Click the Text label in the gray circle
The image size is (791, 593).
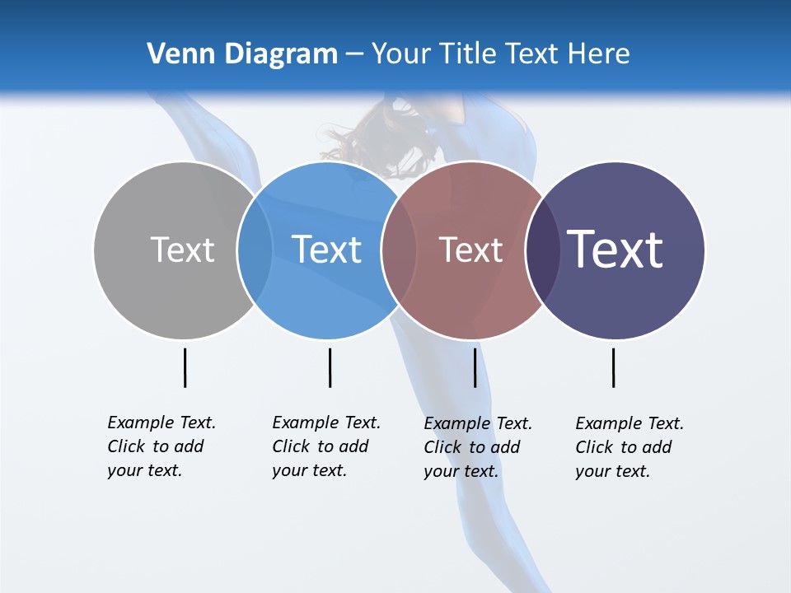tap(182, 250)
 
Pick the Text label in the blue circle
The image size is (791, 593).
tap(326, 250)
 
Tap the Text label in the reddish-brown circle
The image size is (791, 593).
tap(470, 250)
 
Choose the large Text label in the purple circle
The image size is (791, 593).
tap(615, 250)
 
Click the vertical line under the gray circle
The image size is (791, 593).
tap(185, 367)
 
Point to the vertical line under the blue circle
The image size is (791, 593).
tap(330, 367)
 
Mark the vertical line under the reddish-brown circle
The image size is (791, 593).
tap(475, 367)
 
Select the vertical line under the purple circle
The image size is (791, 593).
tap(613, 367)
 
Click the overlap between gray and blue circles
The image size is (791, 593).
tap(255, 250)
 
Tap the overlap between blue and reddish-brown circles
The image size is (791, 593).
tap(399, 250)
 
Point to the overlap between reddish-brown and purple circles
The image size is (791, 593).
tap(543, 250)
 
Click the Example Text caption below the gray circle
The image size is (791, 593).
tap(161, 446)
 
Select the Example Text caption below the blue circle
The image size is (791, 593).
tap(325, 446)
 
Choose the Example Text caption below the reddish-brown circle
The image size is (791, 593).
tap(477, 447)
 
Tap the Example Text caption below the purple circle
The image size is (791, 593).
tap(629, 447)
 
